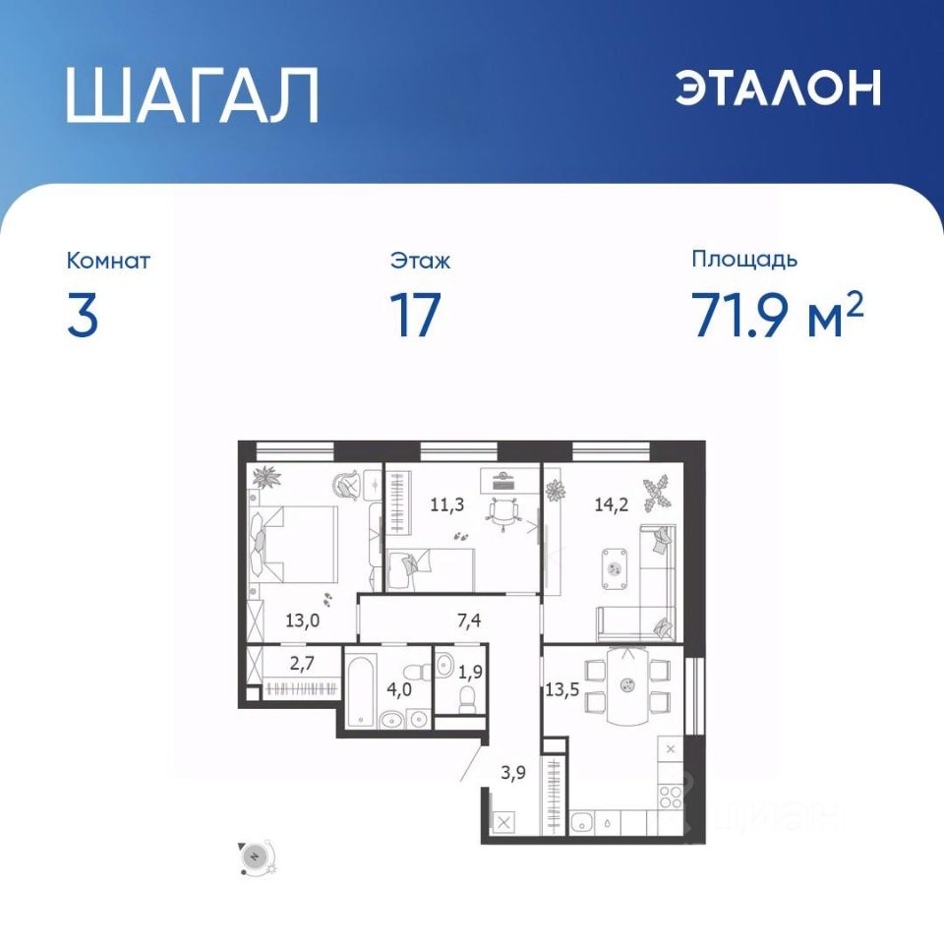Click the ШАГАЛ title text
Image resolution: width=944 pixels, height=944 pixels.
coord(192,95)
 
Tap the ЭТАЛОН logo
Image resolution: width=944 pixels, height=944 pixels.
coord(778,88)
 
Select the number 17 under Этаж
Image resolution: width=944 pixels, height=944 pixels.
coord(415,315)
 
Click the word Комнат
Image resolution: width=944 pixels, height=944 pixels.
coord(108,261)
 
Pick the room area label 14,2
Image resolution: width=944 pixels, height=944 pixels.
coord(611,504)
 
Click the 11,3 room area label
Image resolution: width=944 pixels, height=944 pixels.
coord(446,504)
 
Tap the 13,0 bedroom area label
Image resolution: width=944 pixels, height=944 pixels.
coord(302,620)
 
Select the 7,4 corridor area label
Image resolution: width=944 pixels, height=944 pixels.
coord(469,620)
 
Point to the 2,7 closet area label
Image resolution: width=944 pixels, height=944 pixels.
coord(302,664)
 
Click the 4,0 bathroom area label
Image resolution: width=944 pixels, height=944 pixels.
coord(399,689)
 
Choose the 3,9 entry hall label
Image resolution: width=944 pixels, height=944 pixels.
coord(513,773)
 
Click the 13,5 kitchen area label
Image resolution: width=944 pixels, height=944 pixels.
coord(561,689)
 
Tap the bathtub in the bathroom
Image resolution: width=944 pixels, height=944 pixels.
coord(360,691)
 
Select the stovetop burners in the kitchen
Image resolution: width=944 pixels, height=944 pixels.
coord(670,796)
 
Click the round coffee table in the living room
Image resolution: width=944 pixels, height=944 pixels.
coord(615,566)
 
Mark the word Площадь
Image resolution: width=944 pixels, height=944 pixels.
coord(744,260)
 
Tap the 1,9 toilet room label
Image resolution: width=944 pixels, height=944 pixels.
coord(470,672)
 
